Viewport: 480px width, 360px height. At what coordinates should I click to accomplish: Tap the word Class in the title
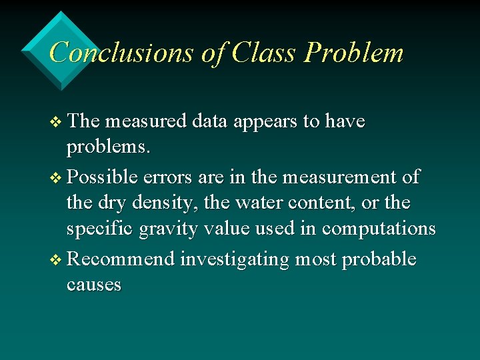[x=264, y=53]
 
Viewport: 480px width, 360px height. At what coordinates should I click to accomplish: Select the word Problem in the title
[x=353, y=53]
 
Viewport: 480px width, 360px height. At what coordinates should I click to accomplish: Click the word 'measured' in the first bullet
[x=145, y=121]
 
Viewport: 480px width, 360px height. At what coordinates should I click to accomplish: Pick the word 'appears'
[x=253, y=123]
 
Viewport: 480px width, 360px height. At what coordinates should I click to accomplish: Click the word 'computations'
[x=379, y=229]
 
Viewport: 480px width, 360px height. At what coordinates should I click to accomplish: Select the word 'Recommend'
[x=121, y=259]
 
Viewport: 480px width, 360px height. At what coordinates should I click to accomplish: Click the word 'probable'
[x=379, y=260]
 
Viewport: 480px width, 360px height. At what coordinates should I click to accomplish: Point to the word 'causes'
[x=94, y=285]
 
